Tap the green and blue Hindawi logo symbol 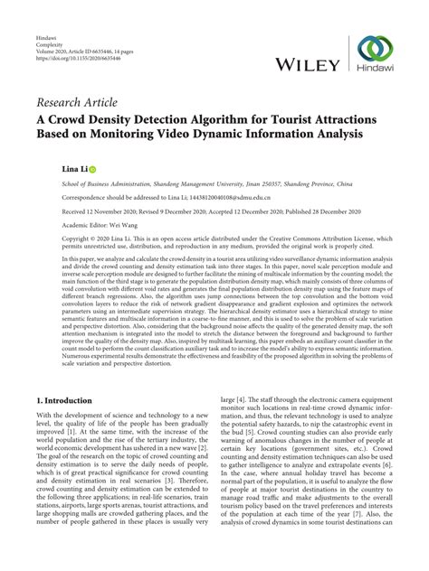pos(374,51)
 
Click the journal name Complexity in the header pos(47,43)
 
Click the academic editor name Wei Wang pos(133,226)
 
